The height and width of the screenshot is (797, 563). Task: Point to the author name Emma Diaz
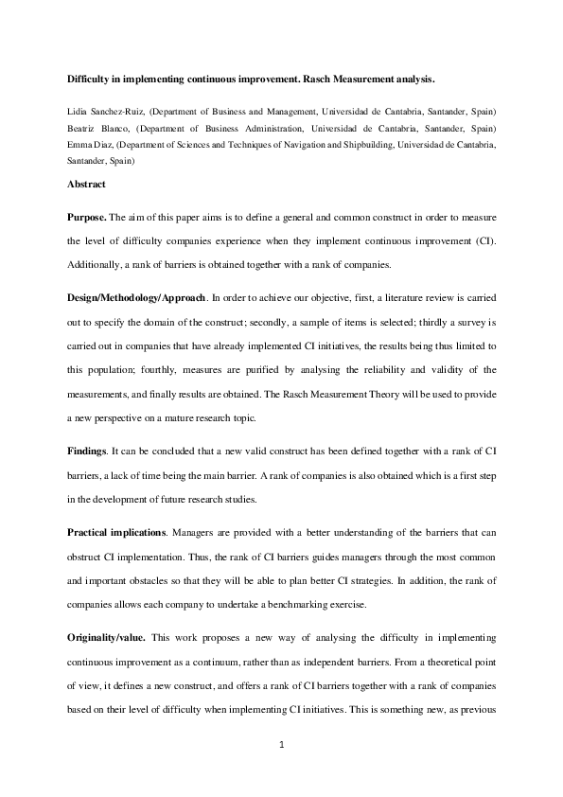88,147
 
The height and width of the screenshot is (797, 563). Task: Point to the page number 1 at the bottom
282,747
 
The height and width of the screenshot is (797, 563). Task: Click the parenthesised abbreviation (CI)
484,241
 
